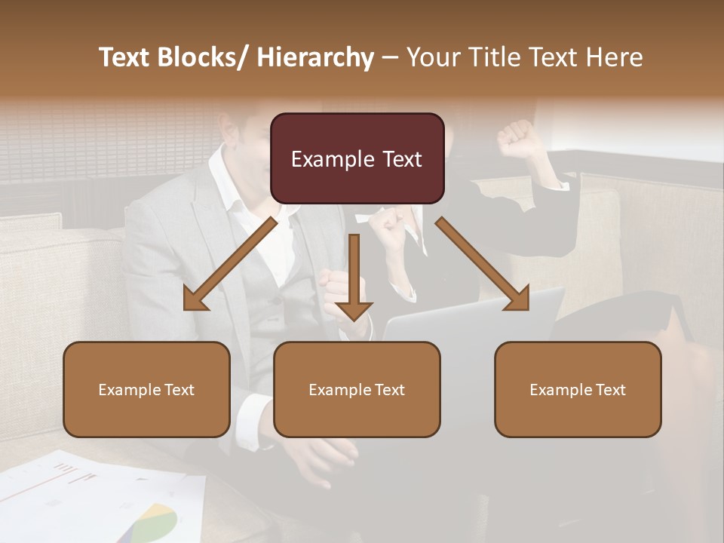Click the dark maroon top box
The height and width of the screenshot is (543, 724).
tap(357, 158)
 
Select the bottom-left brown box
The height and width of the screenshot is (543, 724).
tap(146, 389)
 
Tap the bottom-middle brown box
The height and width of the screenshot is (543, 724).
tap(357, 389)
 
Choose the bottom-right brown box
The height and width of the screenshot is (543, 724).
tap(578, 389)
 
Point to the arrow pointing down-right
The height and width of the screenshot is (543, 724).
tap(483, 264)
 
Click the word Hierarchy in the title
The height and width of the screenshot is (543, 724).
tap(315, 57)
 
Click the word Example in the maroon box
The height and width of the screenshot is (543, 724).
tap(332, 159)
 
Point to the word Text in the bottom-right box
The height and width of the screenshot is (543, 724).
tap(609, 390)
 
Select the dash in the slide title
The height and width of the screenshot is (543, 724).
tap(389, 57)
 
